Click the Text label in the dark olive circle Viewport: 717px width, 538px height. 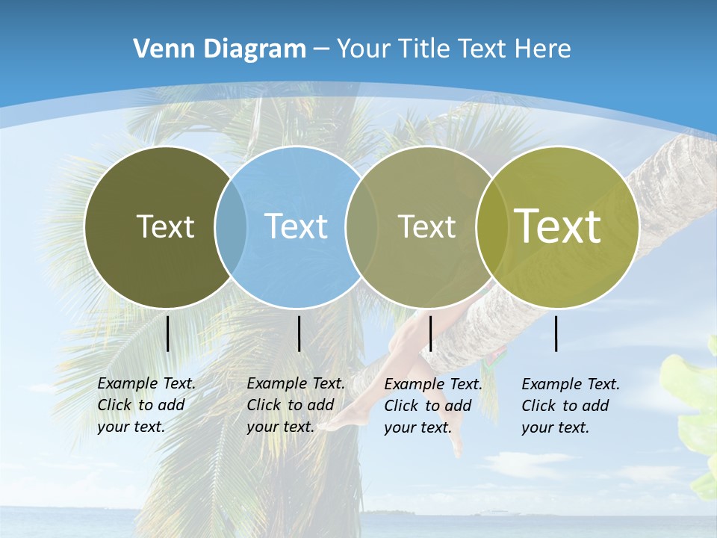tap(165, 226)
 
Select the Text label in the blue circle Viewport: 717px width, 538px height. tap(296, 226)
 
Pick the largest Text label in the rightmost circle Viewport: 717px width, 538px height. tap(558, 226)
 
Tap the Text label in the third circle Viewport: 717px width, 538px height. tap(426, 226)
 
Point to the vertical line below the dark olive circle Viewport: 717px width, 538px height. tap(167, 333)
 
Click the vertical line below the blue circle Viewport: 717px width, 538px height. tap(299, 333)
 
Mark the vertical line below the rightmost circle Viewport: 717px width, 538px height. tap(556, 333)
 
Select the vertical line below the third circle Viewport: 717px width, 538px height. tap(430, 333)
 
